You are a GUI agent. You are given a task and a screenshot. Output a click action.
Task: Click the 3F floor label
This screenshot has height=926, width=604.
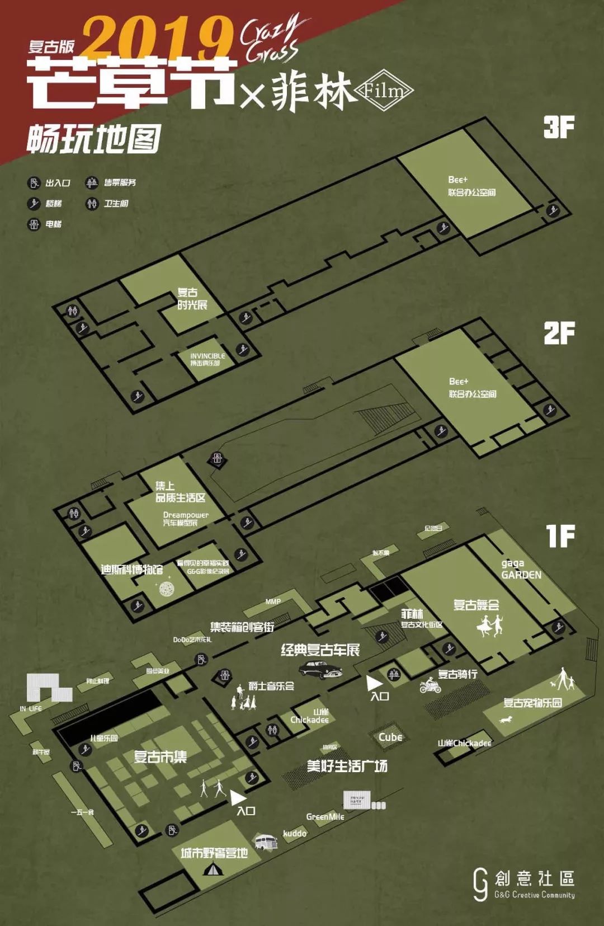(x=559, y=128)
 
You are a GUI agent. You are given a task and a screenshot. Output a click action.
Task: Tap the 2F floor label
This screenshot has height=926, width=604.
(x=559, y=333)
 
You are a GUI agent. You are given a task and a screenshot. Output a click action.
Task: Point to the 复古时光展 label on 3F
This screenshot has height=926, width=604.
(x=192, y=299)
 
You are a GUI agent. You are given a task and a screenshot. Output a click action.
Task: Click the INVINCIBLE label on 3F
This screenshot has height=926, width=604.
(x=207, y=359)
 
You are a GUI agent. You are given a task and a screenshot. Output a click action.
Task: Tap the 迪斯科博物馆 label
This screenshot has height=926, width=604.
(x=132, y=570)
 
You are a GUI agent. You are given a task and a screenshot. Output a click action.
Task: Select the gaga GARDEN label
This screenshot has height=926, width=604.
(x=521, y=569)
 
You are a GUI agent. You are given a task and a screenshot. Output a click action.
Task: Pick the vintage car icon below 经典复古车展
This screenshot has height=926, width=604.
(x=320, y=669)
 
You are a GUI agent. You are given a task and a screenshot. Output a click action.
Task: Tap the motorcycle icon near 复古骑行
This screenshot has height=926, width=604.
(x=430, y=685)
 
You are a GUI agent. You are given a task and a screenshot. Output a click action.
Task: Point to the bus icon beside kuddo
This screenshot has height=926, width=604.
(x=266, y=842)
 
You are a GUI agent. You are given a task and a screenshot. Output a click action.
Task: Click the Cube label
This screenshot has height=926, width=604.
(x=390, y=737)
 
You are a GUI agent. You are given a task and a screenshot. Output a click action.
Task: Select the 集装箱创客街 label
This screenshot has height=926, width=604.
(x=242, y=627)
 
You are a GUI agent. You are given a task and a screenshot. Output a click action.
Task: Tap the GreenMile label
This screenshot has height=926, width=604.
(x=325, y=817)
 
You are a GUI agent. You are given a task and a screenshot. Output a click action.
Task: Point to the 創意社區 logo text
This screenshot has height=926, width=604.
(x=534, y=878)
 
